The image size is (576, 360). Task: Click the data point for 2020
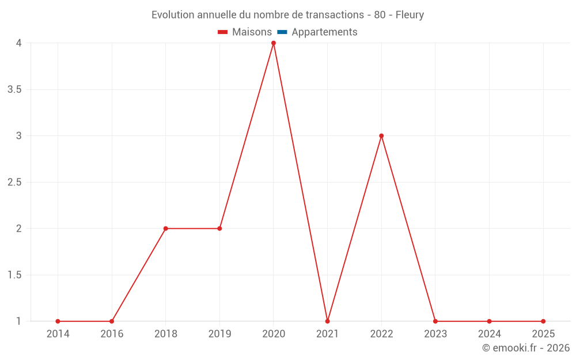coord(274,43)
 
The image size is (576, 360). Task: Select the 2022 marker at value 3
coord(381,136)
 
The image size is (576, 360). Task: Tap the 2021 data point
coord(327,321)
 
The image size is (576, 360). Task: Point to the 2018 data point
coord(165,229)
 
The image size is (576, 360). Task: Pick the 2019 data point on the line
coord(219,229)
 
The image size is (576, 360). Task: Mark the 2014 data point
coord(58,321)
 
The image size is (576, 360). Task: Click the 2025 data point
coord(543,321)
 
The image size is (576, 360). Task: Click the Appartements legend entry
coord(324,32)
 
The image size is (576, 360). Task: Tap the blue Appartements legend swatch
coord(282,32)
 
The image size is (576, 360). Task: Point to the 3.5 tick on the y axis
coord(15,90)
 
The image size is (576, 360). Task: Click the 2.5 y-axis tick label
coord(15,183)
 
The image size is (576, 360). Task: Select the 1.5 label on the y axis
coord(15,275)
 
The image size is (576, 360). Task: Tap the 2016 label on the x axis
coord(112,334)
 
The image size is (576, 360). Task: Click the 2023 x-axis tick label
coord(435,334)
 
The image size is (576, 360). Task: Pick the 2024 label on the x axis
coord(489,334)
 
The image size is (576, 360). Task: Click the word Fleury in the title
coord(410,15)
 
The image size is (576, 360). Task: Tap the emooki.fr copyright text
coord(525,348)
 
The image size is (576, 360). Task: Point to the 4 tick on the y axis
coord(19,43)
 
